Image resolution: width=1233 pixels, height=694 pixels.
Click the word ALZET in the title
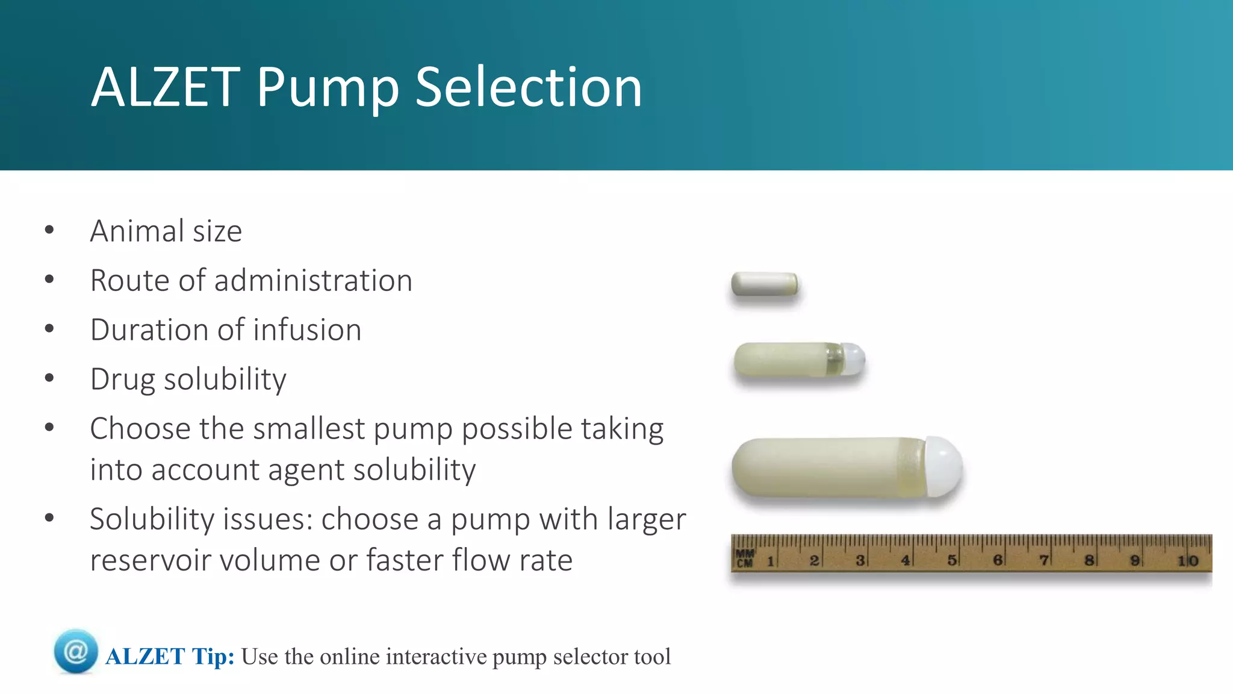(x=166, y=88)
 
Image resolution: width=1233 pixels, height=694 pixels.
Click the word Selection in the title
(x=529, y=88)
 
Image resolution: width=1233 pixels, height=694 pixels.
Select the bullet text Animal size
(x=166, y=231)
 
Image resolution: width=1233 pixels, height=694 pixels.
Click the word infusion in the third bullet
(x=307, y=330)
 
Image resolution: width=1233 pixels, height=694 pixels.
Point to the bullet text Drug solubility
(x=188, y=380)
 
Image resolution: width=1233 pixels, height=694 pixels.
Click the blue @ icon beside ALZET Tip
(x=76, y=651)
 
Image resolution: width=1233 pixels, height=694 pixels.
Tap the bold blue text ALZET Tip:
(x=170, y=657)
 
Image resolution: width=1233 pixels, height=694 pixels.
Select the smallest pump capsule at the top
(x=764, y=284)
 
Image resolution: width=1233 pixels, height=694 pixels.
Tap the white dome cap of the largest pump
(x=942, y=466)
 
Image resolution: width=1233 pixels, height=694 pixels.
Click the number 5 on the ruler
(x=951, y=560)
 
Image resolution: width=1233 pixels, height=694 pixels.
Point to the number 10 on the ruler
(x=1188, y=561)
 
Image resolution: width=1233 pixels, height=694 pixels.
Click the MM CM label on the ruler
(x=744, y=558)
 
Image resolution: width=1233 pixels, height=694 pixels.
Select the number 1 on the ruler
(x=770, y=561)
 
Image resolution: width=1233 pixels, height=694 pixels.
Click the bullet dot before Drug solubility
(x=49, y=378)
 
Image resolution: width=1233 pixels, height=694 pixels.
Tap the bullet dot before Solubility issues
(x=49, y=518)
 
